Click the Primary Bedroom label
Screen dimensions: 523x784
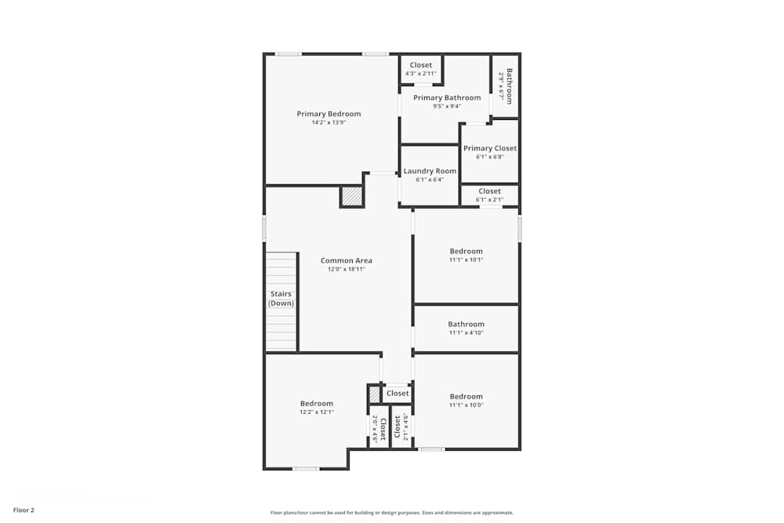[328, 114]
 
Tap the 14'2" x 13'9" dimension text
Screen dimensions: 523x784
[328, 122]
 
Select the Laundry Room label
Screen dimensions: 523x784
[430, 171]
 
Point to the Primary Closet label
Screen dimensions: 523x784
[489, 148]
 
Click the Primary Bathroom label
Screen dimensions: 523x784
[447, 98]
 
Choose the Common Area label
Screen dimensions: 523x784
[347, 260]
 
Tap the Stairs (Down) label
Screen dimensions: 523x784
[281, 299]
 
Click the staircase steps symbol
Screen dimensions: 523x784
[281, 329]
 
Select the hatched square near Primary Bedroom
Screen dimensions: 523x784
[352, 196]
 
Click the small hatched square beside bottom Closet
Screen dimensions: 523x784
[375, 394]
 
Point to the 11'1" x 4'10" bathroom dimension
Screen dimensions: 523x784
[466, 332]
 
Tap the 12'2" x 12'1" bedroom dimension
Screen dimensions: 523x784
[316, 412]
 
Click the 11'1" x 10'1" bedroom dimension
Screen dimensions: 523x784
[466, 260]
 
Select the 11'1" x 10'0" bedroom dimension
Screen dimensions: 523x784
[466, 405]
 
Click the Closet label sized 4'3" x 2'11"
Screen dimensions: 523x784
[421, 65]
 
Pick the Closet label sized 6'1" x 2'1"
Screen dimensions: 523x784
[489, 191]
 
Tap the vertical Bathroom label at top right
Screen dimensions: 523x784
[509, 86]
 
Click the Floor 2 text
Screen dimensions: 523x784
[24, 510]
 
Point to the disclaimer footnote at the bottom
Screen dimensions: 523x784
[392, 513]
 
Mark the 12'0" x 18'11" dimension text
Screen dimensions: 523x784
[347, 269]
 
